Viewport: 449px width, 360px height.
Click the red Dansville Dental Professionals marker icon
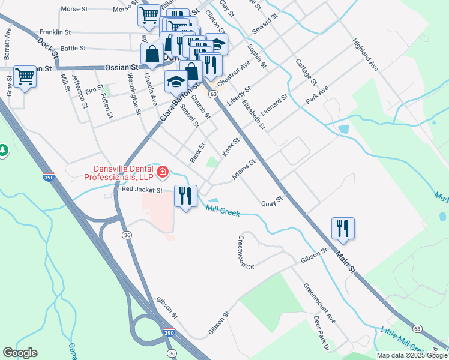click(x=162, y=173)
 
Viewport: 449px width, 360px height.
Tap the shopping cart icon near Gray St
click(x=25, y=76)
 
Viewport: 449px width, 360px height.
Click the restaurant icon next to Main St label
click(x=343, y=228)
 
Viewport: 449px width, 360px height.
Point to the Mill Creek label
click(x=223, y=211)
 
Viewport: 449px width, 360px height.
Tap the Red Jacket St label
click(x=142, y=190)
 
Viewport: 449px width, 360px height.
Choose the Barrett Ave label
click(x=8, y=42)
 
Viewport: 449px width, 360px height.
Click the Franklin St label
click(x=55, y=31)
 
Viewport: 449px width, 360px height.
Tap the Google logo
click(x=20, y=353)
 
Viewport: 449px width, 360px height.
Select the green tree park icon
click(x=3, y=149)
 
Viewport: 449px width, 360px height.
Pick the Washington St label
click(x=133, y=93)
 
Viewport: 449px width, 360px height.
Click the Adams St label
click(x=244, y=170)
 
